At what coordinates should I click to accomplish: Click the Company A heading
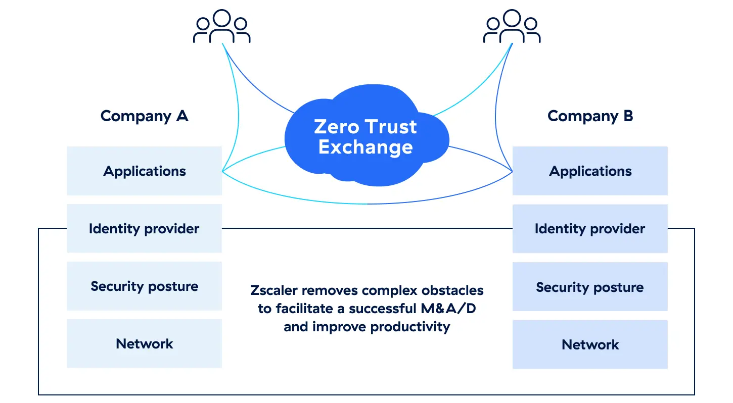click(x=144, y=116)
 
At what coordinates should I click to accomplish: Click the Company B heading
click(x=590, y=116)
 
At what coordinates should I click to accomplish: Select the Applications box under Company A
click(x=144, y=171)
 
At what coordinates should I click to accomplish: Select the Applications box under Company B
click(x=590, y=171)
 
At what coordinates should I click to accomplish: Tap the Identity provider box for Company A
click(x=144, y=229)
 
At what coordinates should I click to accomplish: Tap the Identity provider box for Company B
click(x=590, y=229)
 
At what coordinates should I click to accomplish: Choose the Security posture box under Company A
click(x=144, y=286)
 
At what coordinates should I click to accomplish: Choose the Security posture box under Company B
click(x=590, y=287)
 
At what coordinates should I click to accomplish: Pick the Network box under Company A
click(x=144, y=344)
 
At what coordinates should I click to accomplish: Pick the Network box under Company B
click(x=590, y=345)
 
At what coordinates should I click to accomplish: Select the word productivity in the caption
click(x=410, y=327)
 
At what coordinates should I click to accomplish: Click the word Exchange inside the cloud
click(x=365, y=147)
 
